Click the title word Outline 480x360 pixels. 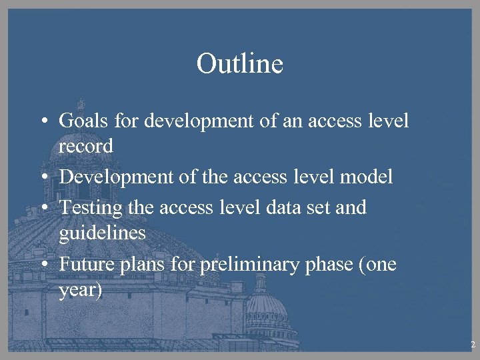pyautogui.click(x=240, y=65)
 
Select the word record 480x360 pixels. pyautogui.click(x=86, y=146)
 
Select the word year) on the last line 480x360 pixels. pyautogui.click(x=81, y=290)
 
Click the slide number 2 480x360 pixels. pyautogui.click(x=472, y=345)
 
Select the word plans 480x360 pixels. pyautogui.click(x=140, y=265)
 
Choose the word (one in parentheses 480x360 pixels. pyautogui.click(x=377, y=265)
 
